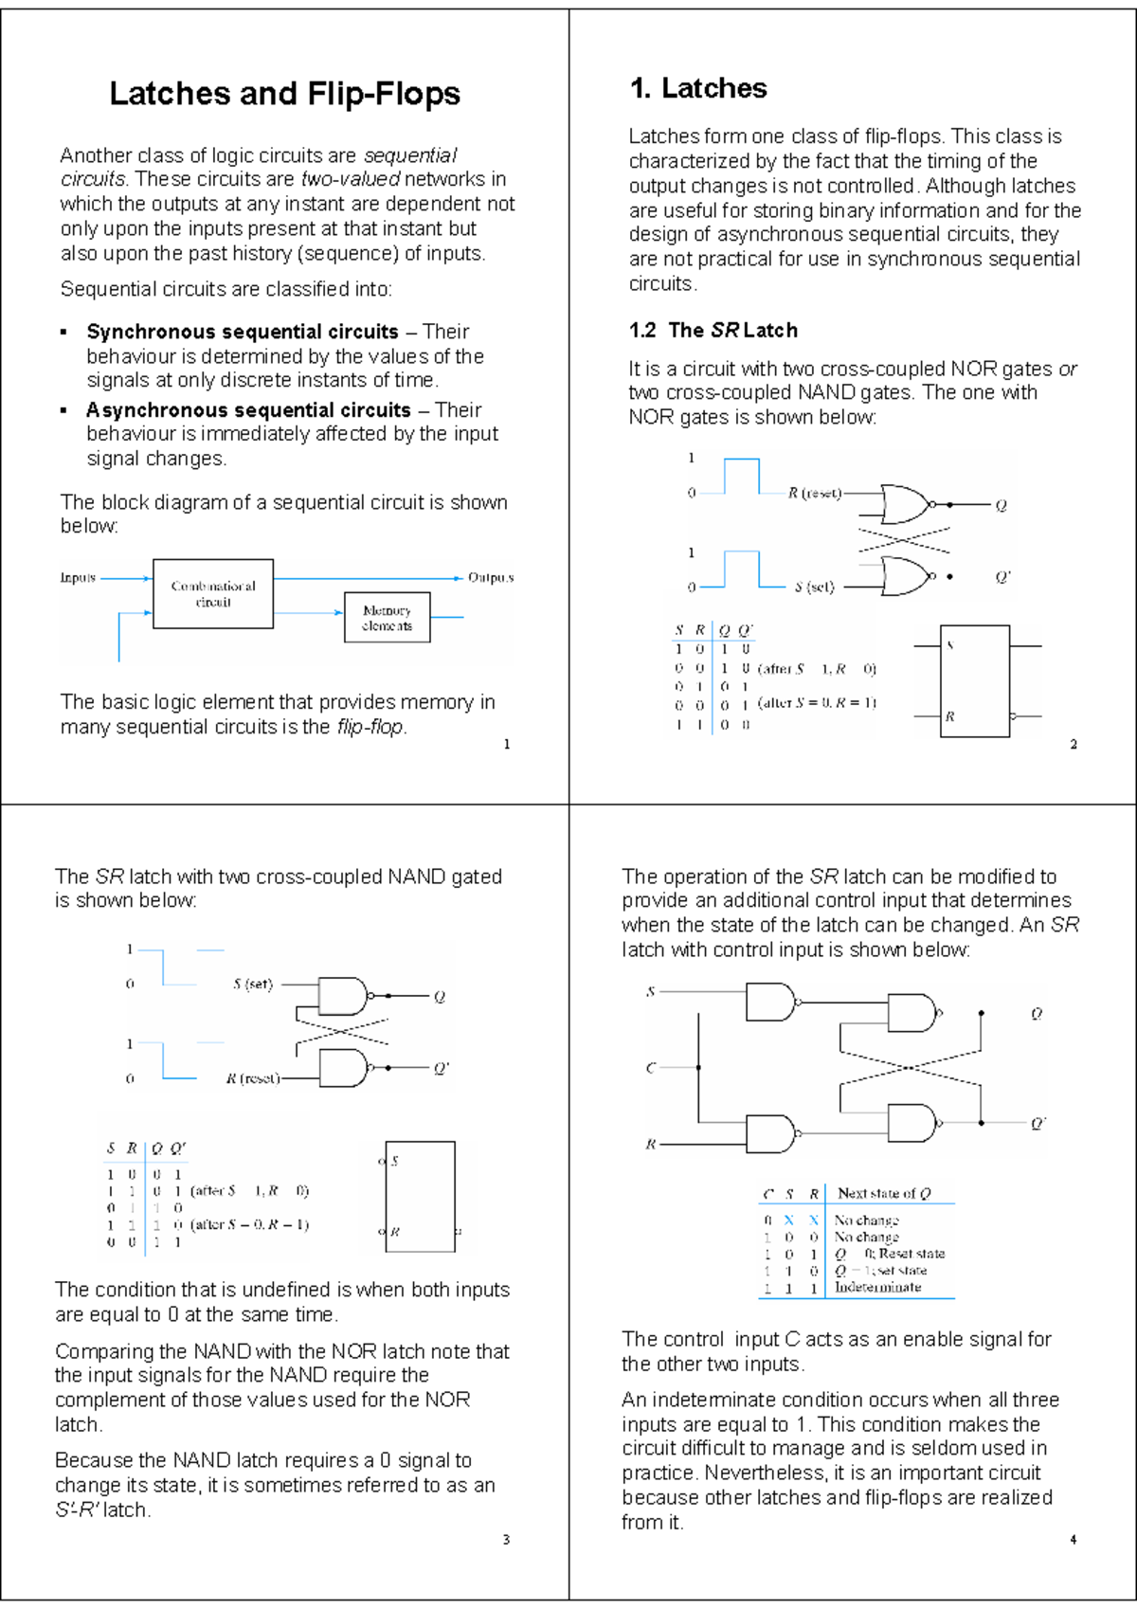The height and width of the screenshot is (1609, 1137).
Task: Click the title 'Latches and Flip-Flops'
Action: pos(284,94)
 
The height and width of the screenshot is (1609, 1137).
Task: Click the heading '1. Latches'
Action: pos(698,88)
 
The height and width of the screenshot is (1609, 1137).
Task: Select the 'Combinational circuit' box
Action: pos(213,594)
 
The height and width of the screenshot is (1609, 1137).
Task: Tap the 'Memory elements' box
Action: pos(387,618)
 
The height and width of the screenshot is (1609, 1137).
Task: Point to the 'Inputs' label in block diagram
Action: pos(78,577)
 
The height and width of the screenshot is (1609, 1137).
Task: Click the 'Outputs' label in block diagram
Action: pos(490,577)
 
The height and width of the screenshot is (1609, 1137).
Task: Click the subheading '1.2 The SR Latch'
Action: pos(713,330)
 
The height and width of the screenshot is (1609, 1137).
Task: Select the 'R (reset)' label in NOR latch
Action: pos(814,493)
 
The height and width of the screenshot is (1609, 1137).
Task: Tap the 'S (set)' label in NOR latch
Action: pos(814,588)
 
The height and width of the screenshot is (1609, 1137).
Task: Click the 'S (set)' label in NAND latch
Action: pos(252,984)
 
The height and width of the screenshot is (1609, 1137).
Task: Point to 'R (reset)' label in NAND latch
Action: pos(252,1078)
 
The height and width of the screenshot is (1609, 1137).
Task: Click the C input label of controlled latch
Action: pos(650,1068)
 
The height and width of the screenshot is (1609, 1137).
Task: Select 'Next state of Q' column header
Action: pos(884,1193)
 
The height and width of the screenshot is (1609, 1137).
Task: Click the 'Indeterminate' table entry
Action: pos(877,1287)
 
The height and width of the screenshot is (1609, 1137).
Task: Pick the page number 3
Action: pos(506,1540)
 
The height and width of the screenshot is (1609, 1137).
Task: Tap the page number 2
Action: pos(1074,744)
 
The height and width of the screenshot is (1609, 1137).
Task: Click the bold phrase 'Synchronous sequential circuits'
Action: pos(243,332)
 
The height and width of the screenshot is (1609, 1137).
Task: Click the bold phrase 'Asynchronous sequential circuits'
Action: pos(248,410)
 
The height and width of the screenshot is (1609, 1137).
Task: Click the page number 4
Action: pos(1073,1540)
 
